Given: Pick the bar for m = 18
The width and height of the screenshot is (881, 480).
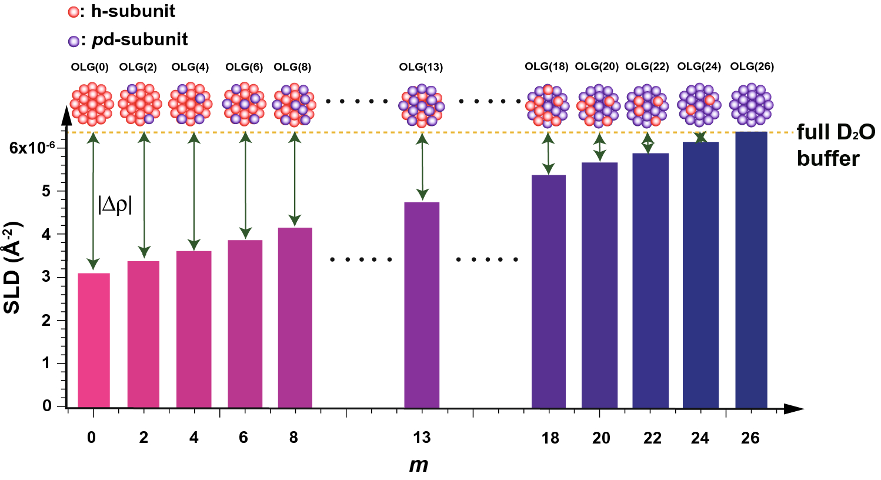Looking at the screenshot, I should (548, 291).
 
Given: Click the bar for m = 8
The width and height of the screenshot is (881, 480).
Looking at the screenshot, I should (295, 318).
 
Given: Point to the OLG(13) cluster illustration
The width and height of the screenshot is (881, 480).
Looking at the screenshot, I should (422, 106).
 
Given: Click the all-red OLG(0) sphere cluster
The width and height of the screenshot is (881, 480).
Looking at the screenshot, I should (92, 104).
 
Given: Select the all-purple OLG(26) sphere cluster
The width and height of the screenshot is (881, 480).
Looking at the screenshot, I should (751, 105).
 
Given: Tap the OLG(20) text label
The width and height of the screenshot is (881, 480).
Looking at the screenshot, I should (597, 66).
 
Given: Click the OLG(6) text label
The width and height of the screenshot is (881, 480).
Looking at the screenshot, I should (244, 67).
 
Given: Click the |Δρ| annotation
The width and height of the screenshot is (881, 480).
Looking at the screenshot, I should (115, 204).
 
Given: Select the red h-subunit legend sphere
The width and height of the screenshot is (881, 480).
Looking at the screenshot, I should (74, 12).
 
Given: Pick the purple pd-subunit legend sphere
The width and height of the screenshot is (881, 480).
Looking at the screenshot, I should (74, 41).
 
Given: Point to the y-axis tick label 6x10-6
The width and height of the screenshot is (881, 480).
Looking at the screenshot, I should (36, 147).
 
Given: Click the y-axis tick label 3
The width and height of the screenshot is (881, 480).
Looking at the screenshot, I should (46, 278).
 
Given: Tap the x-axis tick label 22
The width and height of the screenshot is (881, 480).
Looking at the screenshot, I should (652, 438).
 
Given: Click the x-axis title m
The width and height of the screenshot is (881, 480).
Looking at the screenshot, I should (419, 465).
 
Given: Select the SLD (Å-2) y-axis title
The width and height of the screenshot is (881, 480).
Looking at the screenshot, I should (13, 268).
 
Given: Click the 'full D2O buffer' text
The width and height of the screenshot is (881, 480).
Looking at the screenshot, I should (835, 145).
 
